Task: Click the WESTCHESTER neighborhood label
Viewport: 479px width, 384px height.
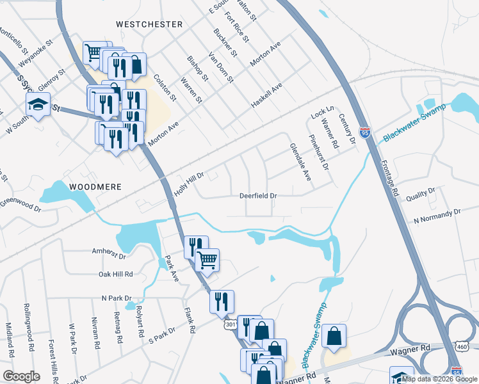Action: pyautogui.click(x=149, y=24)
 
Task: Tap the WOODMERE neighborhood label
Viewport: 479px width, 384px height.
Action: pyautogui.click(x=94, y=187)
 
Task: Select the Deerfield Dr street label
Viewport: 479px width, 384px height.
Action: pyautogui.click(x=258, y=196)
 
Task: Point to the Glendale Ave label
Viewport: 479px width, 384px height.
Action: pyautogui.click(x=300, y=162)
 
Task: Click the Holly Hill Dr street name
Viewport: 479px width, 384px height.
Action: pyautogui.click(x=188, y=184)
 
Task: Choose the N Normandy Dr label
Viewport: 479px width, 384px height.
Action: pyautogui.click(x=437, y=216)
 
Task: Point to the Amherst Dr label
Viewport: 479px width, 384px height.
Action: pyautogui.click(x=109, y=253)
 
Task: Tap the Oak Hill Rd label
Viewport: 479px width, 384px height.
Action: pyautogui.click(x=115, y=274)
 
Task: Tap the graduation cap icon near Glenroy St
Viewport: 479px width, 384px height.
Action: pyautogui.click(x=38, y=104)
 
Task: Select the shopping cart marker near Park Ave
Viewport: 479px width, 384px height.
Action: pyautogui.click(x=207, y=260)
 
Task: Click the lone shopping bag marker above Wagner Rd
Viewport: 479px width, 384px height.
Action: pyautogui.click(x=335, y=336)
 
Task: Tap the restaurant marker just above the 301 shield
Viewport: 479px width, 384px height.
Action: pyautogui.click(x=222, y=301)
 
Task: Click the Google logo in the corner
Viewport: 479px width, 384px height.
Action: pyautogui.click(x=21, y=376)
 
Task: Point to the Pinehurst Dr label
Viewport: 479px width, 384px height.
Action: pyautogui.click(x=318, y=152)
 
